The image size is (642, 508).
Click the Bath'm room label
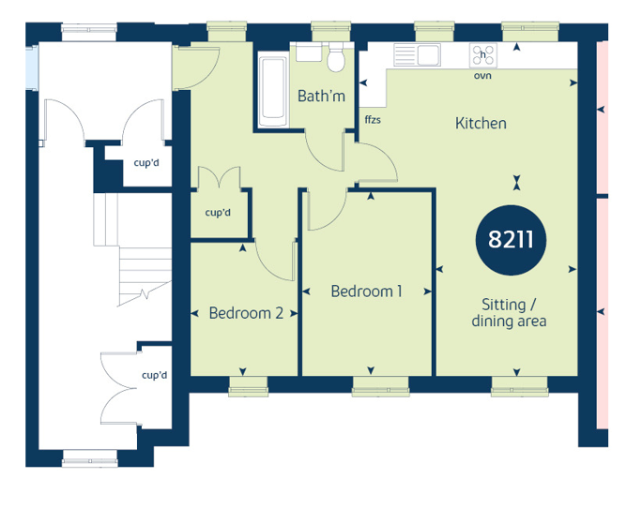coord(321,97)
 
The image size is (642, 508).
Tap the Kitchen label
coord(481,123)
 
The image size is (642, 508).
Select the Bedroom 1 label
coord(366,291)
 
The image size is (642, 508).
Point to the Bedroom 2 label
coord(246,313)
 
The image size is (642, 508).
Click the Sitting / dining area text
coord(509,312)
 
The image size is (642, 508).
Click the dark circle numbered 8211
coord(511,240)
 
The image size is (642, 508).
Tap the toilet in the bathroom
coord(336,57)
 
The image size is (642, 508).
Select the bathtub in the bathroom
coord(273,92)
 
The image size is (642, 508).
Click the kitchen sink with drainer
coord(417,54)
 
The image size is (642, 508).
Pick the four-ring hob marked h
coord(483,55)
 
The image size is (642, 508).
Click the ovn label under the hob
coord(482,76)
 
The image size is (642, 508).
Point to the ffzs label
coord(373,119)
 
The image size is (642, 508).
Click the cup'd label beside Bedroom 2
coord(218,213)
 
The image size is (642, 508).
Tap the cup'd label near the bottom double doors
coord(154,375)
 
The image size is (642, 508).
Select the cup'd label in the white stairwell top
coord(146,163)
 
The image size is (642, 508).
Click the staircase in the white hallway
coord(132,249)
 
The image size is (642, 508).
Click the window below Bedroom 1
coord(381,386)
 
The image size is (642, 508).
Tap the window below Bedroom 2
coord(248,386)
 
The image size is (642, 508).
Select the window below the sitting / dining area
coord(520,386)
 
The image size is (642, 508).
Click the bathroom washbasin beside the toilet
coord(309,52)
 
